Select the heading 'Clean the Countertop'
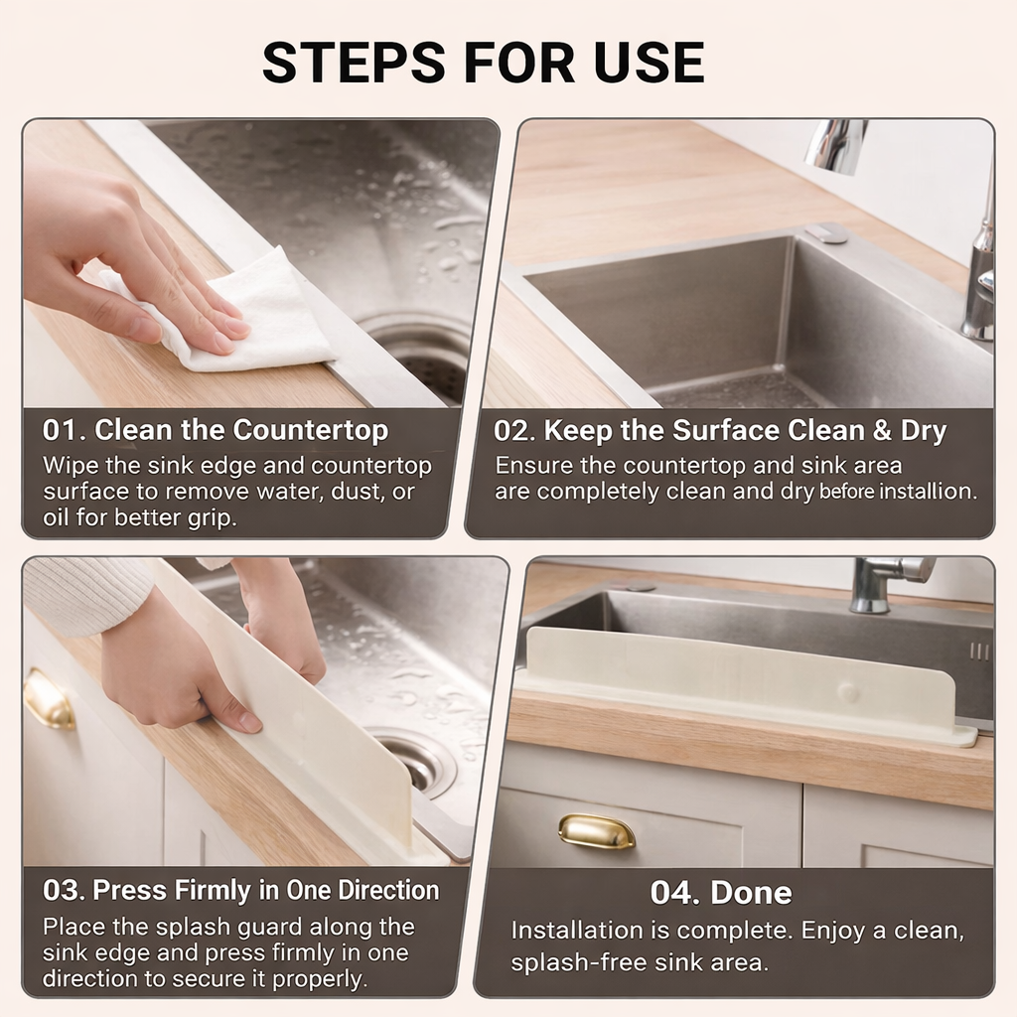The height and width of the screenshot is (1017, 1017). pos(241,431)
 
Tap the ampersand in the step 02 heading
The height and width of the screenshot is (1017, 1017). pos(882,431)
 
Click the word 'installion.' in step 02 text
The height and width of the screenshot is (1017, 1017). pos(938,491)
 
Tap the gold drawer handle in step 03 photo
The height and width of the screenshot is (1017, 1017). pos(49,700)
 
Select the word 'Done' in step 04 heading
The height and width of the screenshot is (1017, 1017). pos(751,893)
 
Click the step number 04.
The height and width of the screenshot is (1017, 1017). pos(674,893)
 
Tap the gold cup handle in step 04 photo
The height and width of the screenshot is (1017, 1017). pos(596,831)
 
